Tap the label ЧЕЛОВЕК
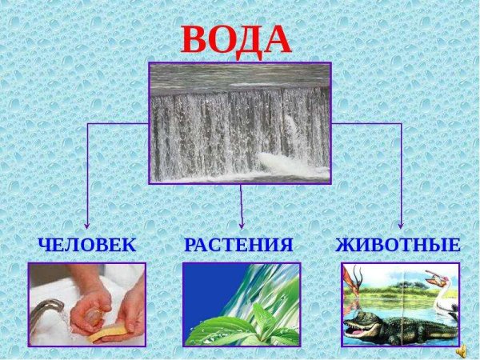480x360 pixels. click(x=86, y=245)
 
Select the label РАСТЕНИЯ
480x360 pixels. click(x=238, y=245)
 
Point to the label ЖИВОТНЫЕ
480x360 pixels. click(x=398, y=245)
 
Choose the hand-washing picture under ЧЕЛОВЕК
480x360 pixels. click(x=86, y=305)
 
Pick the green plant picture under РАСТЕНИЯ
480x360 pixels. click(x=241, y=305)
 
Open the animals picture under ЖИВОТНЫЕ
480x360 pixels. click(x=400, y=305)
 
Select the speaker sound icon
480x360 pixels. click(x=462, y=350)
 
